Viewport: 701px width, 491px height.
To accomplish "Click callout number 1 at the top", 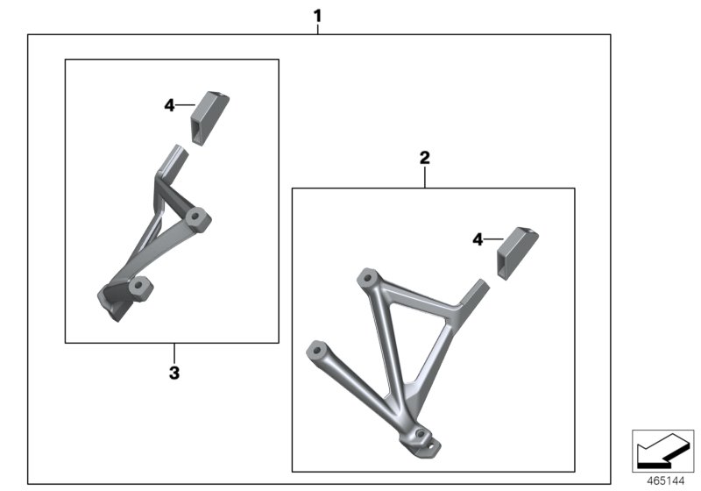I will pos(317,15).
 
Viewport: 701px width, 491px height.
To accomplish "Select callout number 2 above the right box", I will pos(425,159).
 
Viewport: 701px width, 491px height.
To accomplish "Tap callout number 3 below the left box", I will pos(173,373).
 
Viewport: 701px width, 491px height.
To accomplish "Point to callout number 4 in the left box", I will pos(170,105).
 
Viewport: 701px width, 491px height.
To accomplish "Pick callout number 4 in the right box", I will pos(478,238).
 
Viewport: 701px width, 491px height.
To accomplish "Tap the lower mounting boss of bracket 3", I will pos(138,287).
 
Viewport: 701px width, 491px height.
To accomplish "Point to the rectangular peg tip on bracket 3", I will pos(173,160).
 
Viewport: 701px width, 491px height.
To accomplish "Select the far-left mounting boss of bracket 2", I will pos(315,351).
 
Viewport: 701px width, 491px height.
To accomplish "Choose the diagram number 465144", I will pos(669,480).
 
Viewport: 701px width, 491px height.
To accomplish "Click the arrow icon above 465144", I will pos(662,452).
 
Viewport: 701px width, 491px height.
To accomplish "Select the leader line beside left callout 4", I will pos(186,105).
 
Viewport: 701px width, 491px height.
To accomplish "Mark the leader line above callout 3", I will pos(173,351).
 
